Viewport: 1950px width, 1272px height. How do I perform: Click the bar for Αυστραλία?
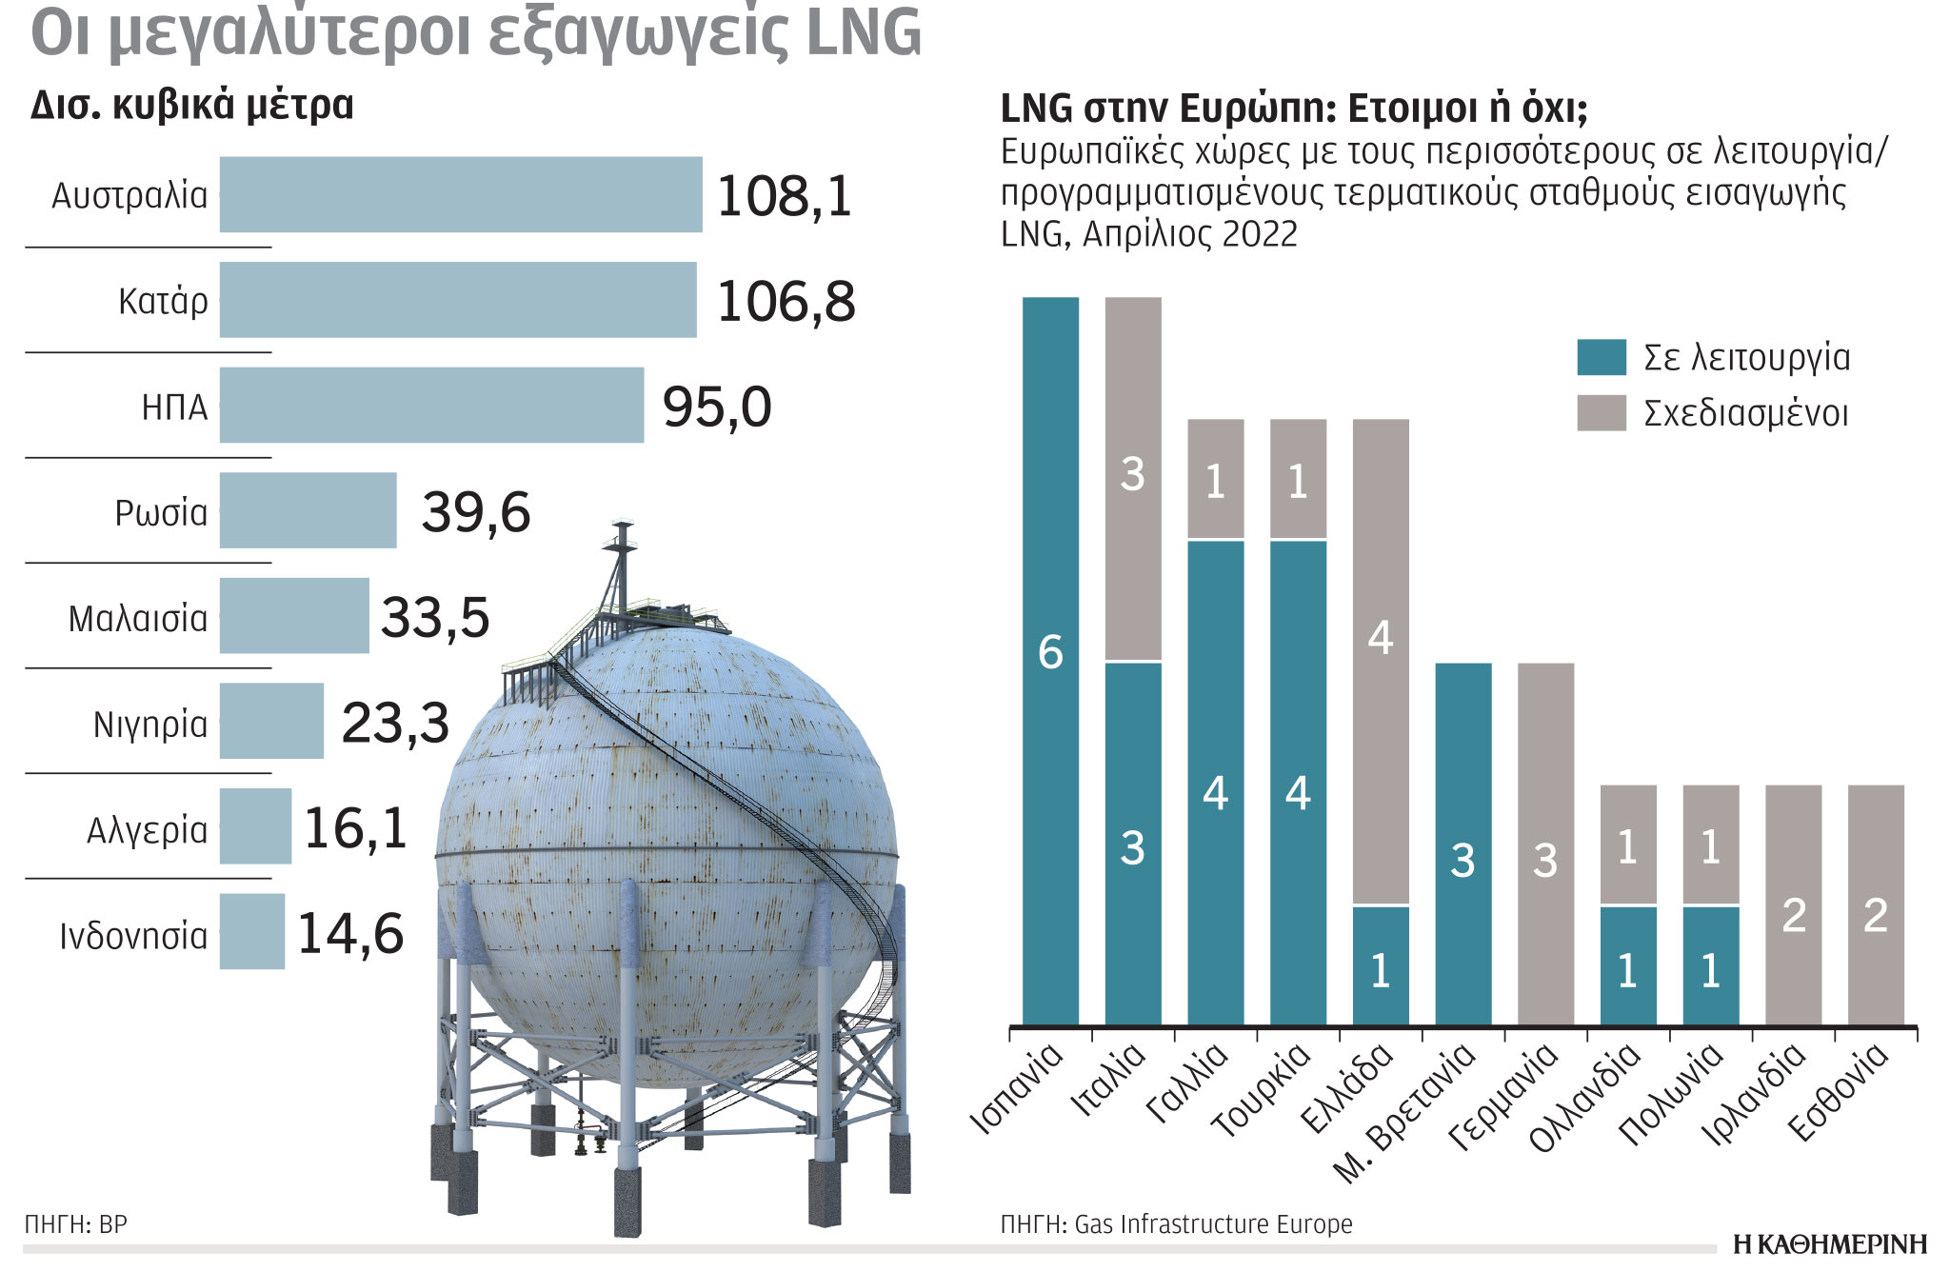pyautogui.click(x=461, y=194)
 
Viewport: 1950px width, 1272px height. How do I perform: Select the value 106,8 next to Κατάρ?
pyautogui.click(x=786, y=302)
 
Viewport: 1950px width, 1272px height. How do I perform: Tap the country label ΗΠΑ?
pyautogui.click(x=174, y=407)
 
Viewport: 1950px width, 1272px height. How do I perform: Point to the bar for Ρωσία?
pyautogui.click(x=308, y=510)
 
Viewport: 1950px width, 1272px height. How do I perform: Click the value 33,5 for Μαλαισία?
pyautogui.click(x=435, y=617)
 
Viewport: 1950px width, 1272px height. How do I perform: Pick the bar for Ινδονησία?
pyautogui.click(x=252, y=931)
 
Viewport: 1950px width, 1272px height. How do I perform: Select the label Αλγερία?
pyautogui.click(x=147, y=830)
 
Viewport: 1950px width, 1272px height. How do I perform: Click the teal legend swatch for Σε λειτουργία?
pyautogui.click(x=1601, y=357)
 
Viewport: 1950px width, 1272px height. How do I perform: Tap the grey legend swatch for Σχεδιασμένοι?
pyautogui.click(x=1601, y=413)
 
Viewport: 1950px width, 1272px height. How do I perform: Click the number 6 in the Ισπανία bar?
pyautogui.click(x=1050, y=653)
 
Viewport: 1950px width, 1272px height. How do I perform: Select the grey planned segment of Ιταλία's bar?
pyautogui.click(x=1132, y=476)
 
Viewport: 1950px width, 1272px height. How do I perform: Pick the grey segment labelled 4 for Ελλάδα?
pyautogui.click(x=1381, y=638)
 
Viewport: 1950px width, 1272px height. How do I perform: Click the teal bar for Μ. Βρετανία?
pyautogui.click(x=1462, y=843)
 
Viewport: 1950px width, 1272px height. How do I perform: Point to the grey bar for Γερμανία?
pyautogui.click(x=1545, y=843)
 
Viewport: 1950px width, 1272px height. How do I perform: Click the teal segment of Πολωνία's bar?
pyautogui.click(x=1710, y=966)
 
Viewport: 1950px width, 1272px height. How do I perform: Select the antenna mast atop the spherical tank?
pyautogui.click(x=622, y=562)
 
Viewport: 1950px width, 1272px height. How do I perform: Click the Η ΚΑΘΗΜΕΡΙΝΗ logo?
pyautogui.click(x=1829, y=1244)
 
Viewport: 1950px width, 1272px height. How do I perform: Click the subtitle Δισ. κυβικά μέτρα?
pyautogui.click(x=191, y=105)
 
